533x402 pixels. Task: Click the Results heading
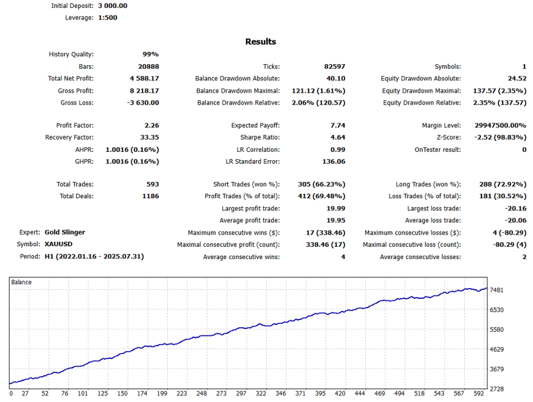(x=260, y=42)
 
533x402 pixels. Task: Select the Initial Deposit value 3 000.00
(x=112, y=6)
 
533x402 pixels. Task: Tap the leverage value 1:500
(x=107, y=17)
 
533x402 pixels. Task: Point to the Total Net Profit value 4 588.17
(x=144, y=79)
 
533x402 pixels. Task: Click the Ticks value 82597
(x=334, y=66)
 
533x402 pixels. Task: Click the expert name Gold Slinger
(x=64, y=232)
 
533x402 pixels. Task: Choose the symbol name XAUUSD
(x=58, y=245)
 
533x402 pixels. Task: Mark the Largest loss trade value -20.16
(x=515, y=208)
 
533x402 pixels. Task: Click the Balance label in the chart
(x=22, y=283)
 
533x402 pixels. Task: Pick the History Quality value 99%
(x=150, y=55)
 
